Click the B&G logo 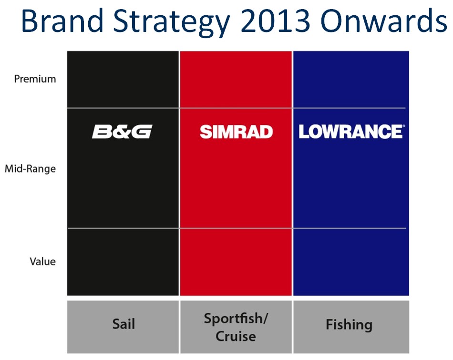click(122, 132)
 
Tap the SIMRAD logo click(237, 132)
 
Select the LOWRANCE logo click(351, 132)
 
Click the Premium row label click(35, 79)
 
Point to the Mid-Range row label click(31, 169)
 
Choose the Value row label click(43, 261)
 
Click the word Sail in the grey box click(124, 324)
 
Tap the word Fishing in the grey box click(349, 325)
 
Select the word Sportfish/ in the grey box click(236, 319)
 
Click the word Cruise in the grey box click(236, 336)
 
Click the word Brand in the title click(62, 21)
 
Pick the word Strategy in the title click(172, 22)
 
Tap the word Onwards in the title click(384, 21)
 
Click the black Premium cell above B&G click(123, 80)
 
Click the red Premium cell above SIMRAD click(236, 80)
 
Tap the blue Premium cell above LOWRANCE click(351, 80)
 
